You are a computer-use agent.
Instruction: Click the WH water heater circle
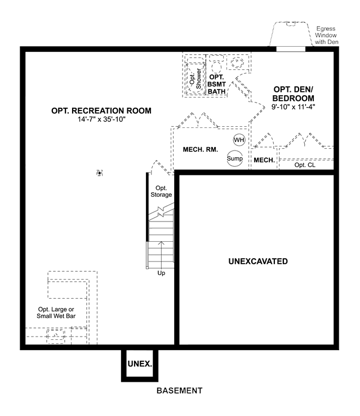pos(239,140)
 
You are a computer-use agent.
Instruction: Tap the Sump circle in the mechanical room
pos(234,158)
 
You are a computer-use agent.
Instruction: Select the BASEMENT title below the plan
pos(180,391)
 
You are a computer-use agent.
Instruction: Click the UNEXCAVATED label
pos(258,262)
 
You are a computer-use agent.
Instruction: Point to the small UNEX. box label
pos(140,364)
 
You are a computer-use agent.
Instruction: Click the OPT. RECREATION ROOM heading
pos(101,110)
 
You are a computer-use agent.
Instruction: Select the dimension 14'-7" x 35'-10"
pos(101,120)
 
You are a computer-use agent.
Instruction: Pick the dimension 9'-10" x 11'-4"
pos(293,107)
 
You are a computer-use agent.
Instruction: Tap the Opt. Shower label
pos(195,79)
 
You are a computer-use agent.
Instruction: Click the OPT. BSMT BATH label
pos(216,84)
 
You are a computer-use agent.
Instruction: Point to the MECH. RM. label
pos(201,149)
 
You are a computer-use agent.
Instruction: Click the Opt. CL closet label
pos(305,165)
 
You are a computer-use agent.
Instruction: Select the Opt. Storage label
pos(161,191)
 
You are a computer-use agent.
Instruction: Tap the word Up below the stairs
pos(161,273)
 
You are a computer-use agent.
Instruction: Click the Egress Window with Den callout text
pos(326,36)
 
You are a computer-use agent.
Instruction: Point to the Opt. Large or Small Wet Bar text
pos(56,312)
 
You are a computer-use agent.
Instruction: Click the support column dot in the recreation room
pos(99,173)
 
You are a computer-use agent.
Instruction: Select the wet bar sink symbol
pos(56,336)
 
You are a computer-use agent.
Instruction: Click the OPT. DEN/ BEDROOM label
pos(293,94)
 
